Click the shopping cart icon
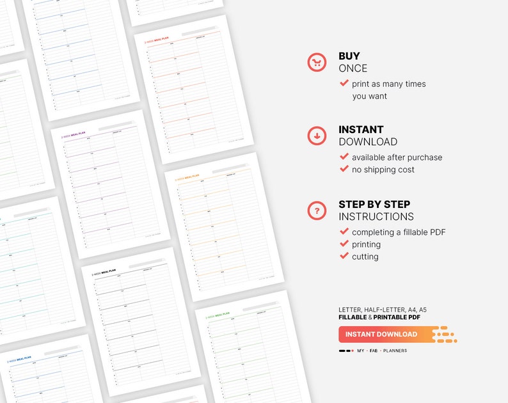[317, 62]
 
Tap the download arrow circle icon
[317, 136]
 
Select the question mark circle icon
[317, 210]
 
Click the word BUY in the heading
[349, 56]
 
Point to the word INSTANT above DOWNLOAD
[361, 130]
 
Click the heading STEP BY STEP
[374, 204]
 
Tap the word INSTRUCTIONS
[376, 217]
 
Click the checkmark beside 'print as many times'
[344, 83]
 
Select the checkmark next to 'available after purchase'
[344, 157]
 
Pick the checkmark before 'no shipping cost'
[344, 169]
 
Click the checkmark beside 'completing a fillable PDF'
[344, 232]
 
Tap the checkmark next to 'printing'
[344, 244]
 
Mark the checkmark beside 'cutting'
[344, 256]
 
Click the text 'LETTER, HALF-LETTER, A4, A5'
[383, 310]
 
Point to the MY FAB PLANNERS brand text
[382, 351]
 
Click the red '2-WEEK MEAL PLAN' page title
[156, 40]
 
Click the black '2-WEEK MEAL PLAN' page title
[104, 271]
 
